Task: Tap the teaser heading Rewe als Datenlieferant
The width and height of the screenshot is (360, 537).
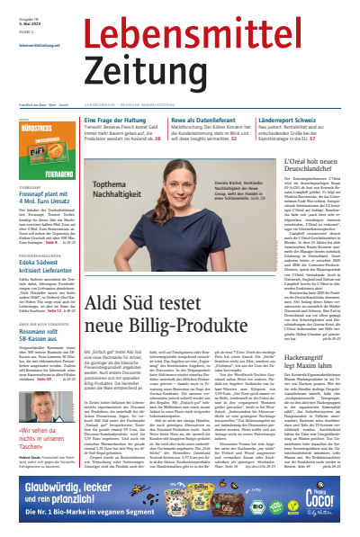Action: tap(216, 120)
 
